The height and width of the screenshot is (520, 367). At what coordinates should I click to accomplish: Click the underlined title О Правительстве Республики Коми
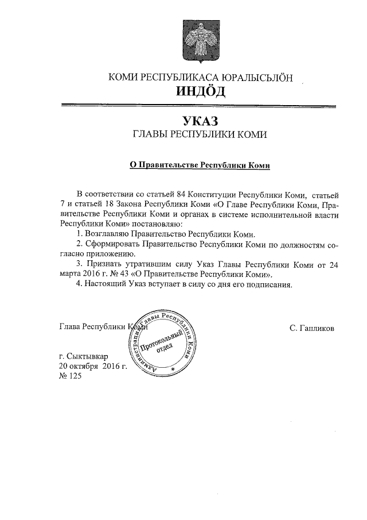[199, 164]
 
